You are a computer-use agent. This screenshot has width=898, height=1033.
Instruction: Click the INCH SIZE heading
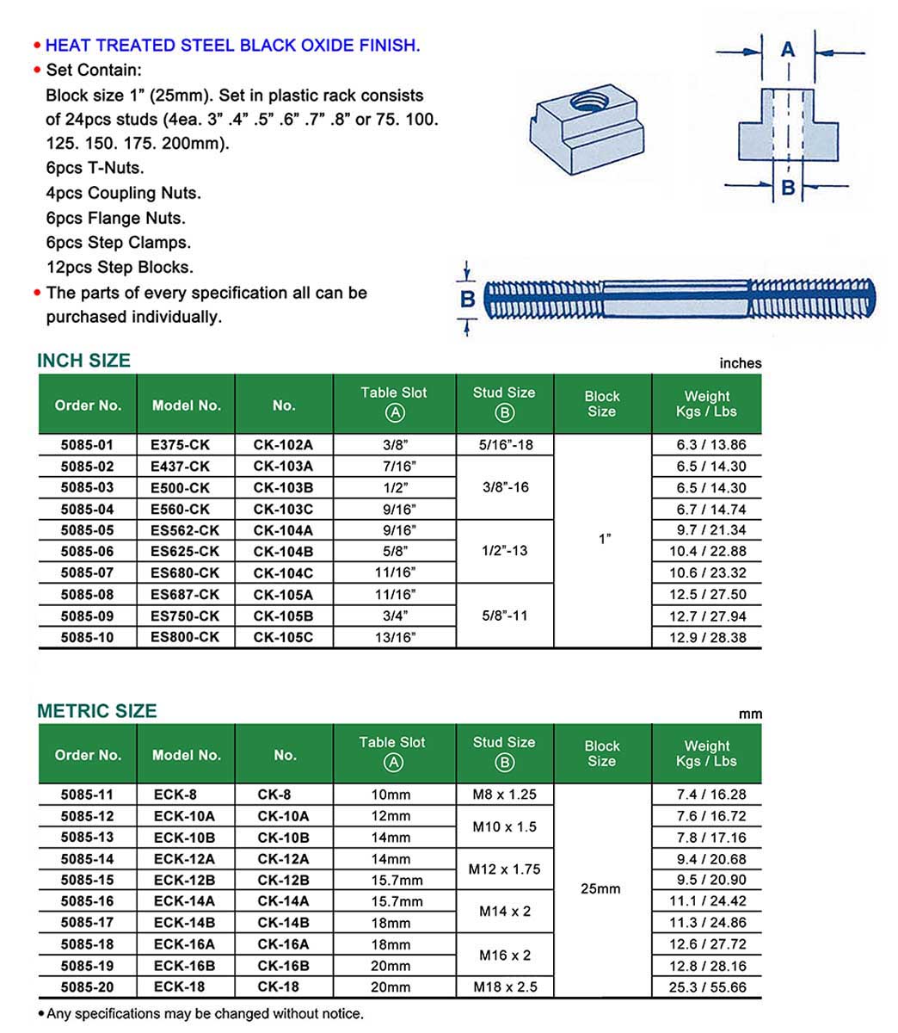pyautogui.click(x=83, y=361)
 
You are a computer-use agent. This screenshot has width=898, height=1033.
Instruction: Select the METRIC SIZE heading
pyautogui.click(x=96, y=711)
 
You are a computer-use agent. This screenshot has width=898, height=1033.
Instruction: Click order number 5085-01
pyautogui.click(x=87, y=445)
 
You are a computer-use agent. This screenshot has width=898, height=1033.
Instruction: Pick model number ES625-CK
pyautogui.click(x=185, y=551)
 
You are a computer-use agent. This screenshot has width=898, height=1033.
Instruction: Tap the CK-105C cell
pyautogui.click(x=283, y=637)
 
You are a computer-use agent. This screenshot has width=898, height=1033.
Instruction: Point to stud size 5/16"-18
pyautogui.click(x=503, y=445)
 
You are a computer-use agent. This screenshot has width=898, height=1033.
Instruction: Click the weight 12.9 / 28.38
pyautogui.click(x=707, y=637)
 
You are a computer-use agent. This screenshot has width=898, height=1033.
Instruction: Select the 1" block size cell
pyautogui.click(x=604, y=540)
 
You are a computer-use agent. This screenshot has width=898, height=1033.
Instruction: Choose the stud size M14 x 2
pyautogui.click(x=504, y=911)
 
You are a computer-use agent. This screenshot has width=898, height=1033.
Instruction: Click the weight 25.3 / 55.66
pyautogui.click(x=707, y=987)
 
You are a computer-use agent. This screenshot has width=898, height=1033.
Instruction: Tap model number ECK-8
pyautogui.click(x=175, y=795)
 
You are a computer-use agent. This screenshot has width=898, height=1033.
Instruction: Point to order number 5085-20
pyautogui.click(x=87, y=987)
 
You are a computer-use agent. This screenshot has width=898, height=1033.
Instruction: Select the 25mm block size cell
pyautogui.click(x=600, y=888)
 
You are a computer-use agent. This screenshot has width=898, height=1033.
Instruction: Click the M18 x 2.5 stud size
pyautogui.click(x=505, y=987)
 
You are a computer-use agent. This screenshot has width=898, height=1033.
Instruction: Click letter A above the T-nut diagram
pyautogui.click(x=788, y=50)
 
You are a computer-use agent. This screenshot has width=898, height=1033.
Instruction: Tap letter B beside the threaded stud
pyautogui.click(x=468, y=299)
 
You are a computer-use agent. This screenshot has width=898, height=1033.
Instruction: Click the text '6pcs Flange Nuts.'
pyautogui.click(x=116, y=218)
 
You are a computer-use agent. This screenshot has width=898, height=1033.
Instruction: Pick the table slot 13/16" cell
pyautogui.click(x=395, y=637)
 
